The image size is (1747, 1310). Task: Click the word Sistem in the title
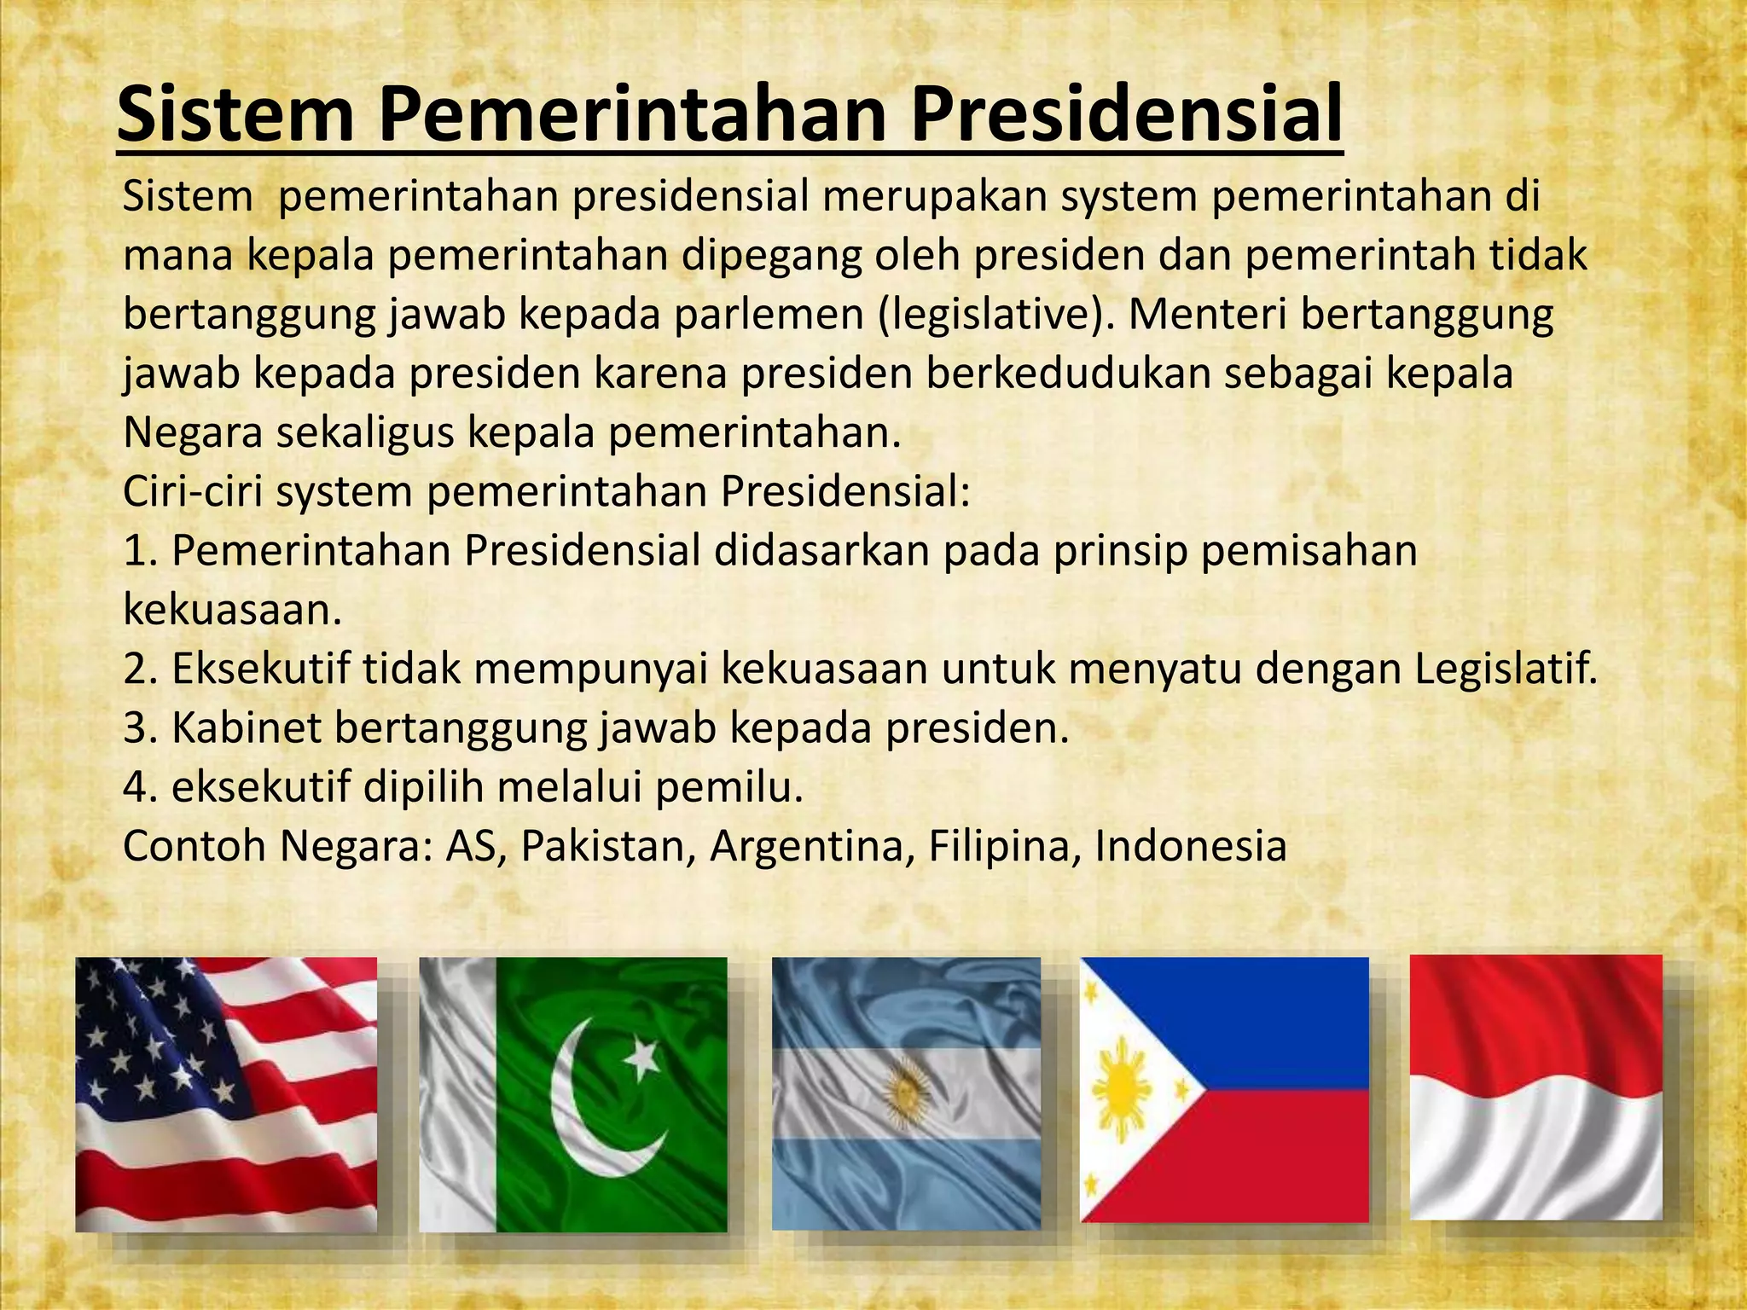click(235, 114)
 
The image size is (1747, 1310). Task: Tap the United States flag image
click(226, 1094)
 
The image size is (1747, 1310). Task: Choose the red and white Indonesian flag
click(1535, 1087)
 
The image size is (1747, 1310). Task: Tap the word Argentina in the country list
click(812, 847)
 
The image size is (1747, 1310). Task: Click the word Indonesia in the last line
click(1191, 847)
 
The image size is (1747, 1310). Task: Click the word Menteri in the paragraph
click(1207, 315)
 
